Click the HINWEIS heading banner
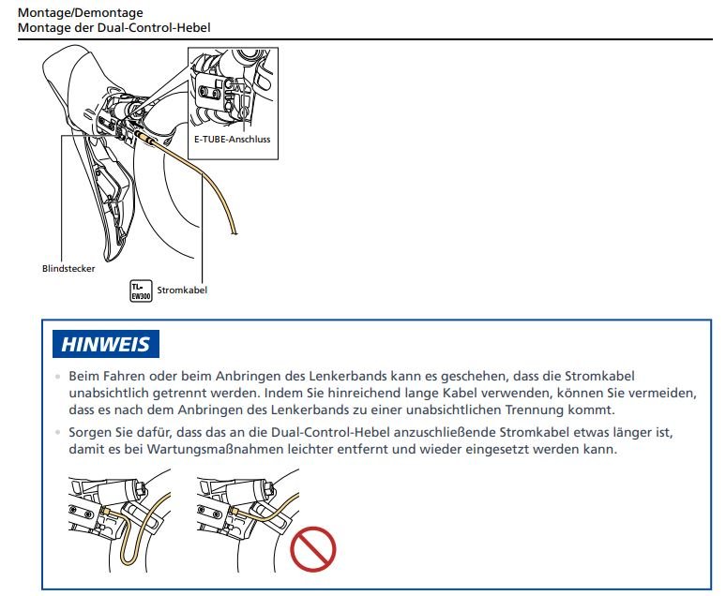point(105,344)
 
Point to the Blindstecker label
point(68,268)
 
